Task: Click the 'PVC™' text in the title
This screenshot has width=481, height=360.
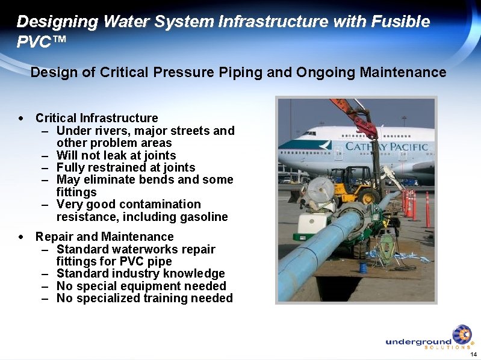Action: (41, 42)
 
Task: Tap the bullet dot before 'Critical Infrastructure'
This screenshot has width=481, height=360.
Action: (22, 119)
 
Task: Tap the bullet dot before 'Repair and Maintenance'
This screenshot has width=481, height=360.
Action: (22, 237)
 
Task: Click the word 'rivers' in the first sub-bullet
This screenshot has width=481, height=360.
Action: (115, 131)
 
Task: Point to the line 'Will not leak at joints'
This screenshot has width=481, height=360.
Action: (116, 155)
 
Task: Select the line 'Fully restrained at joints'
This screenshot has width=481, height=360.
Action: (125, 167)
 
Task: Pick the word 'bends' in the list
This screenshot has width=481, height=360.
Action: (169, 180)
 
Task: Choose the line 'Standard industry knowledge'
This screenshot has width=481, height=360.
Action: (140, 274)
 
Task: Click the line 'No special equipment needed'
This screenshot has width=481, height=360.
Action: (141, 286)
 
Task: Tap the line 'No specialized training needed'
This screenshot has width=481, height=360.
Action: (144, 298)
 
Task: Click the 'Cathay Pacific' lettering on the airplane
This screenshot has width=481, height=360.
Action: (386, 147)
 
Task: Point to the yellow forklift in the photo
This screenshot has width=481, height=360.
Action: (351, 184)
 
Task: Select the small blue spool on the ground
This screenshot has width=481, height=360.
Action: (363, 267)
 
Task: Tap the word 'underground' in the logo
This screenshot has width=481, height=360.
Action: (418, 341)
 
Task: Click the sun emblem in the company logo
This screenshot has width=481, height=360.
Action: (462, 335)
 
